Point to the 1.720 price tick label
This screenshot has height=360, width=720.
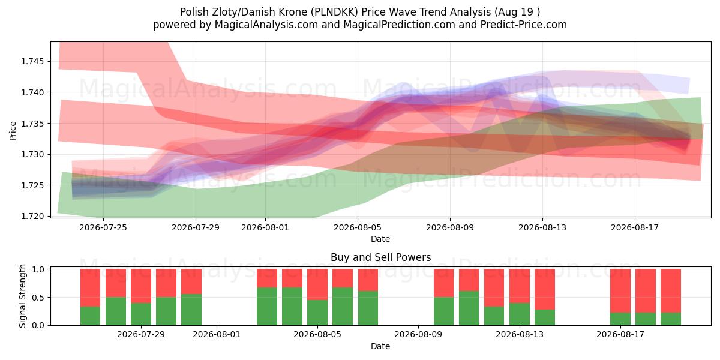[34, 216]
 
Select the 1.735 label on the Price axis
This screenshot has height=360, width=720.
[34, 124]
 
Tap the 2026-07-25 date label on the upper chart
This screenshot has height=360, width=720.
[103, 227]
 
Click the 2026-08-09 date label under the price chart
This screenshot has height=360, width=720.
[450, 227]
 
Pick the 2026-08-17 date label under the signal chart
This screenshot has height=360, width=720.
[620, 334]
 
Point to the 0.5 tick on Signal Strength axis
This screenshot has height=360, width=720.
[39, 298]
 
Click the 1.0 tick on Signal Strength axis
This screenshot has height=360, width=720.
[39, 269]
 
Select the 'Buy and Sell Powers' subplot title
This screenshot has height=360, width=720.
[380, 257]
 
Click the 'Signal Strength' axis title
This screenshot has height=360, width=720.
[22, 296]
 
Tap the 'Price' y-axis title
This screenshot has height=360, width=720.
[13, 131]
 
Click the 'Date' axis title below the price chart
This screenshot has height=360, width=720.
[380, 239]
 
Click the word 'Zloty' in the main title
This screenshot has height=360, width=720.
[224, 12]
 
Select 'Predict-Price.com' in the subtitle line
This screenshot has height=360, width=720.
[524, 25]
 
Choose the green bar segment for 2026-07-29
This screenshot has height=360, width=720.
[141, 314]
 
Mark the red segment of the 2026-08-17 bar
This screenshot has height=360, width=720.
[620, 291]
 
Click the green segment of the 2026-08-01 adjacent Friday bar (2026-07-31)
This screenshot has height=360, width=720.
[191, 310]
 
